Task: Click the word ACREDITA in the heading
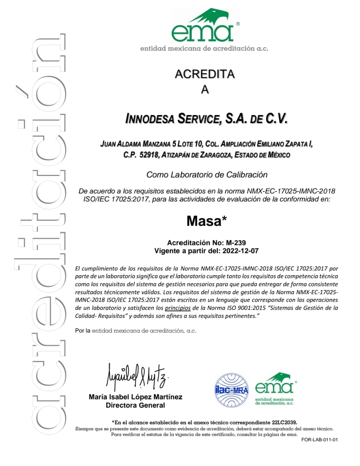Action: pos(205,74)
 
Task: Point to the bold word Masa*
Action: pos(206,221)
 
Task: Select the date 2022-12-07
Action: pos(240,251)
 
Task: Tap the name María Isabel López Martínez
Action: pos(135,397)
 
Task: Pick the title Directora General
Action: pos(135,405)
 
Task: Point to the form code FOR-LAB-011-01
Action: pos(319,439)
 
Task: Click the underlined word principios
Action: pos(178,308)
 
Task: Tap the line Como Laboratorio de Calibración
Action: pos(207,175)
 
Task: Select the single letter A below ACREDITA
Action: pos(205,90)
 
